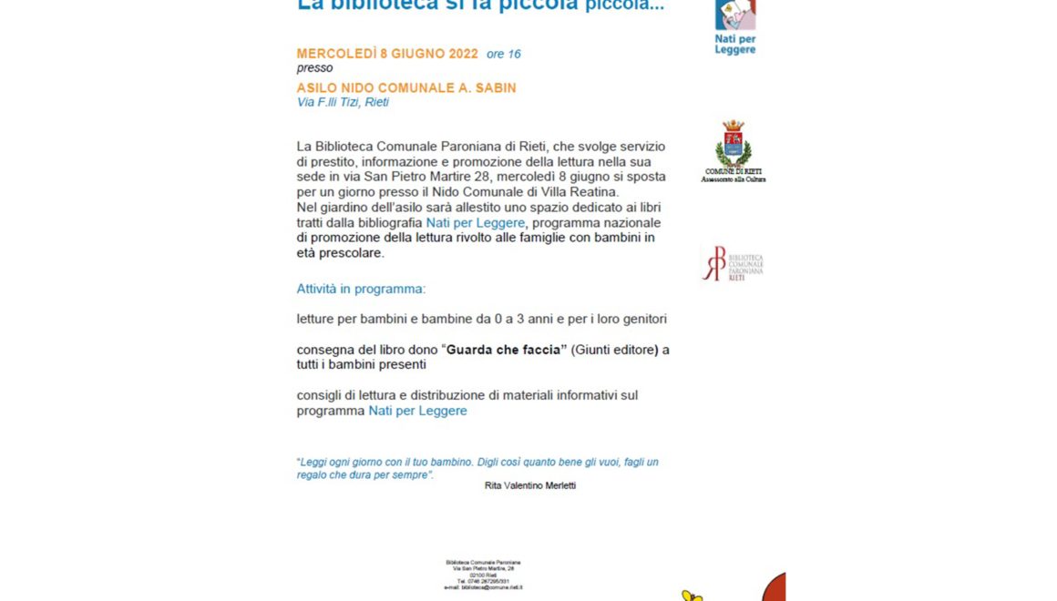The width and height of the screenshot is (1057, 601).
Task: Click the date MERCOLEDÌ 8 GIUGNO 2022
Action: click(x=387, y=54)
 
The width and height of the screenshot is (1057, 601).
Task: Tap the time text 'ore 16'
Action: click(x=504, y=55)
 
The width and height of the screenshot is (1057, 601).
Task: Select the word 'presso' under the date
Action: click(x=314, y=68)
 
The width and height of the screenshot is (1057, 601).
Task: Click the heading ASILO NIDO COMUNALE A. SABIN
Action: click(x=406, y=88)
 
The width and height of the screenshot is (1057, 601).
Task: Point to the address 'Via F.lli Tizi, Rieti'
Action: click(x=343, y=102)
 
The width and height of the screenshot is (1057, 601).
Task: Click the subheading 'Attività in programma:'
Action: click(x=361, y=289)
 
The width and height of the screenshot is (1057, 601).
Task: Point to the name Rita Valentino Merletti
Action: click(x=530, y=485)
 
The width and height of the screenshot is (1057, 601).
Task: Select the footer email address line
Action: click(x=483, y=588)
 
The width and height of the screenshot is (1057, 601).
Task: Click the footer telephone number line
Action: click(x=483, y=582)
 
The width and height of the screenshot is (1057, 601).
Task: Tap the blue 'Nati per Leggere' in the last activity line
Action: click(x=417, y=411)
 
